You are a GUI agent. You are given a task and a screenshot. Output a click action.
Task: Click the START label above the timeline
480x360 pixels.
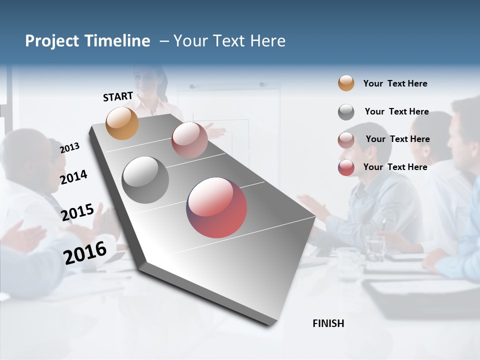pos(118,96)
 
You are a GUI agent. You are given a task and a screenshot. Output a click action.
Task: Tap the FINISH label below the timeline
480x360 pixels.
pos(328,323)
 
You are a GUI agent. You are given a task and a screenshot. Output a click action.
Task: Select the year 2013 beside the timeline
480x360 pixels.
pos(70,147)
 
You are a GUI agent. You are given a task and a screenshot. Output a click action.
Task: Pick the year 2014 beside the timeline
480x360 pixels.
pos(73,177)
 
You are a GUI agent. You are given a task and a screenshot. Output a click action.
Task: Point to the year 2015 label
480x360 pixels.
pos(77,212)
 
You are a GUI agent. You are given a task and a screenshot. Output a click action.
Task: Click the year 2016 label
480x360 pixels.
pos(85,252)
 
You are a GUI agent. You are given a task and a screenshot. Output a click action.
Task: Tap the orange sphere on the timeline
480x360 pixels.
pos(122,123)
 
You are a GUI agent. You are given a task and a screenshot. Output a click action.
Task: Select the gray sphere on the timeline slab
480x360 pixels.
pos(145,180)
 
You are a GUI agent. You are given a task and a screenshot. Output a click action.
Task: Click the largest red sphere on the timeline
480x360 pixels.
pos(216,207)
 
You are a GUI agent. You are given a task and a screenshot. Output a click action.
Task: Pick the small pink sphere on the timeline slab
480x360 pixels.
pos(189,140)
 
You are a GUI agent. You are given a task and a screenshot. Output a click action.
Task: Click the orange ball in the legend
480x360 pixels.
pos(346,83)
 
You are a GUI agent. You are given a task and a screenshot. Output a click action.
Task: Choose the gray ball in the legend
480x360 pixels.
pos(346,112)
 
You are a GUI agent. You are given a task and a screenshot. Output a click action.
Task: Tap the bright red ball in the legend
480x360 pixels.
pos(346,167)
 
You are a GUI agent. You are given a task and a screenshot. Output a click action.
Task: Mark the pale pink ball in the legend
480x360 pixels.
pos(346,140)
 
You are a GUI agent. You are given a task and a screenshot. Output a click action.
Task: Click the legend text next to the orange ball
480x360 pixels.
pos(395,83)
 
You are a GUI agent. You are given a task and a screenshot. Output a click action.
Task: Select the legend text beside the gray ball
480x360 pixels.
pos(396,111)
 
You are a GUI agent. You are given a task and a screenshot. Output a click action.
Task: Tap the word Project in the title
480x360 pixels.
pos(52,41)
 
